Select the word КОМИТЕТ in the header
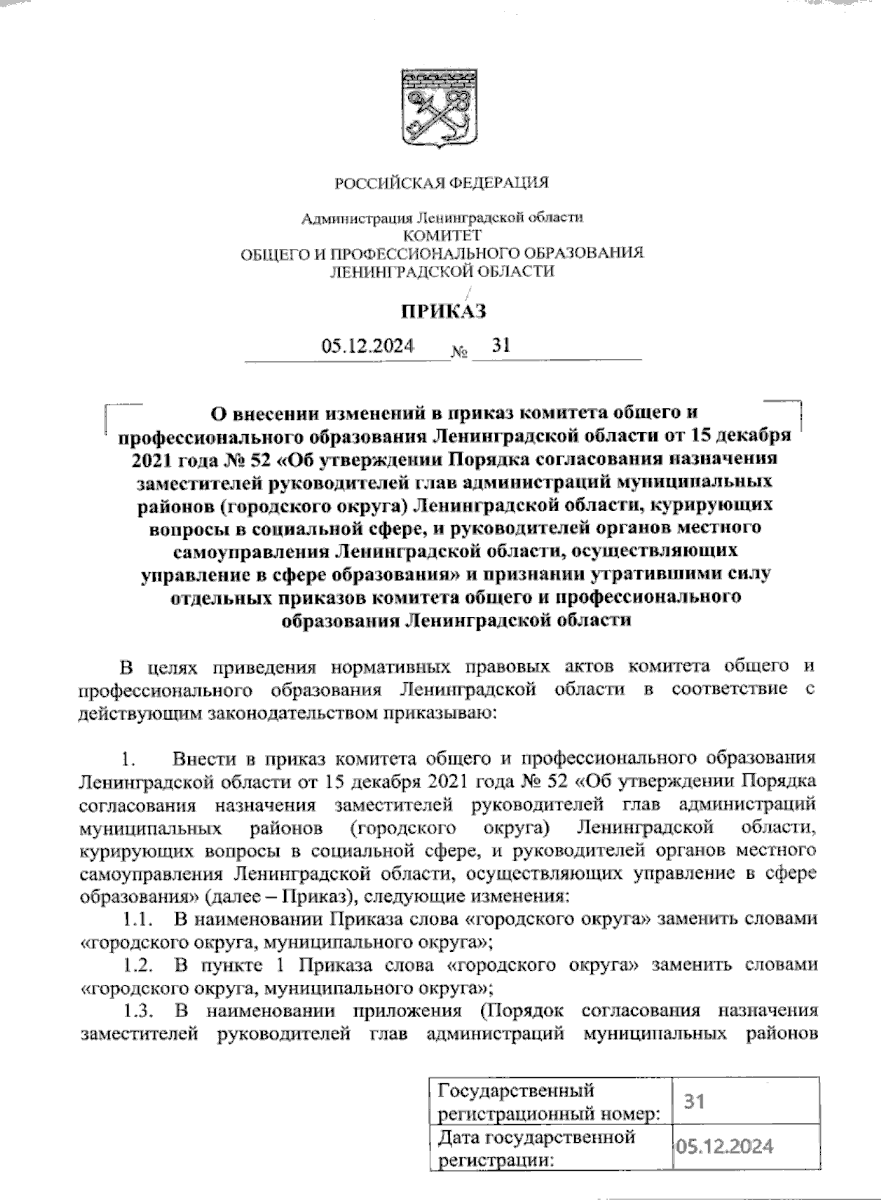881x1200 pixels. pyautogui.click(x=443, y=235)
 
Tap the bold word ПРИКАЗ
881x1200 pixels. pyautogui.click(x=442, y=312)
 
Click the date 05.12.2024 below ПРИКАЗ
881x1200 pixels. pyautogui.click(x=367, y=345)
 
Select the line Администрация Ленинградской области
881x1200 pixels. pyautogui.click(x=443, y=218)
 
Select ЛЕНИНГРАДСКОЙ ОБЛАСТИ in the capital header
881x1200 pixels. pyautogui.click(x=443, y=271)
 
